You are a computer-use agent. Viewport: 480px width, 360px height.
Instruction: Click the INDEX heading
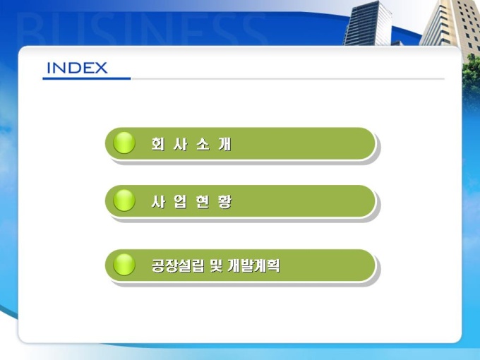click(x=77, y=68)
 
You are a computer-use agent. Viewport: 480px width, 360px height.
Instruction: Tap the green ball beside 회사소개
click(x=124, y=143)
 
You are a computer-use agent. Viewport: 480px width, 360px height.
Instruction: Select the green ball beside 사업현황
click(x=124, y=200)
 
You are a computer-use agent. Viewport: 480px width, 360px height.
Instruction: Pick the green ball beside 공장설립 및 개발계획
click(x=124, y=265)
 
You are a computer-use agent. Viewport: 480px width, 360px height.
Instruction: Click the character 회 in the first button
click(x=158, y=144)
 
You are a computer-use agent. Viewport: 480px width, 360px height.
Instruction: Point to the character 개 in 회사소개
click(x=225, y=144)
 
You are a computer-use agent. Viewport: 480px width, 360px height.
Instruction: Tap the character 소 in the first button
click(x=203, y=144)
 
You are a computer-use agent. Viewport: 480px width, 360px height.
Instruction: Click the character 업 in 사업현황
click(x=181, y=201)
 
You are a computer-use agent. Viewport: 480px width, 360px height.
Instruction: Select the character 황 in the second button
click(x=225, y=201)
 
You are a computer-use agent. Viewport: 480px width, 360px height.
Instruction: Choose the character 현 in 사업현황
click(x=203, y=201)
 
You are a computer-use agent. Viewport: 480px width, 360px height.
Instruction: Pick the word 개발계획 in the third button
click(x=253, y=265)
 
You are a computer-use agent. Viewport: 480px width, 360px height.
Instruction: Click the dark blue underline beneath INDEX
click(x=87, y=78)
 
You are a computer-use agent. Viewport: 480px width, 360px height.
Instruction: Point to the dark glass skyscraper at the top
click(x=368, y=23)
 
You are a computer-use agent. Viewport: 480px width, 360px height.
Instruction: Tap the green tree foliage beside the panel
click(x=471, y=76)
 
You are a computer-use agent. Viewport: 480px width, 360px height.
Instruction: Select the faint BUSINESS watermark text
click(x=140, y=29)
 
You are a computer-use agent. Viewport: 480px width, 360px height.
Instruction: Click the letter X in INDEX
click(x=101, y=68)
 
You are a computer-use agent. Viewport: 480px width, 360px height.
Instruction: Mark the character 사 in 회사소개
click(x=181, y=144)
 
